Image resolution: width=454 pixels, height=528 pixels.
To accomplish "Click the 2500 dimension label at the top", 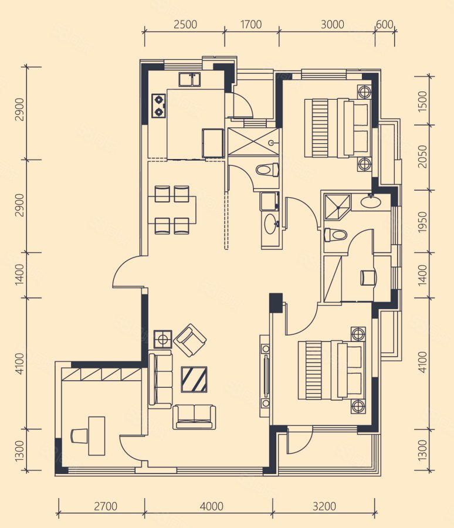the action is click(x=185, y=25).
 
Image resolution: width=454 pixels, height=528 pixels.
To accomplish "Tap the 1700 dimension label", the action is click(x=251, y=25).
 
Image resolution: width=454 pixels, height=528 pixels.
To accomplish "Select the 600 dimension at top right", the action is click(x=384, y=25).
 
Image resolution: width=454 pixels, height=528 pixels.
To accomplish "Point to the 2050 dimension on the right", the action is click(x=422, y=157).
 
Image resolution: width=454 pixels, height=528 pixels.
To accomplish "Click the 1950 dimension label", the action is click(x=422, y=222).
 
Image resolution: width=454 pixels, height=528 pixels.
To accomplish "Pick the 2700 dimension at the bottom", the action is click(x=106, y=506).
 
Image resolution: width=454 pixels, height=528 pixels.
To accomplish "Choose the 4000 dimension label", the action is click(x=211, y=506).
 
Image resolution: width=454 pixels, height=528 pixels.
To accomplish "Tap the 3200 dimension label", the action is click(x=324, y=506).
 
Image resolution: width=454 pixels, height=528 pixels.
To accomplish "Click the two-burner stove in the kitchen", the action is click(x=158, y=106).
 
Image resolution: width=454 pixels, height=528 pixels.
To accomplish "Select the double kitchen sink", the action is click(x=189, y=79).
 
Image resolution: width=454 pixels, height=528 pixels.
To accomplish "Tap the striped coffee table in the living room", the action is click(x=194, y=380).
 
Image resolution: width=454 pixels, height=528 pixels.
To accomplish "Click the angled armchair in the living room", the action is click(x=190, y=340).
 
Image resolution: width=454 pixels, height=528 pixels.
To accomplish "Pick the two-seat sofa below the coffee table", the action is click(x=194, y=417).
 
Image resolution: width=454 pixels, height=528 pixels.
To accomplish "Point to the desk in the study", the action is click(x=97, y=436).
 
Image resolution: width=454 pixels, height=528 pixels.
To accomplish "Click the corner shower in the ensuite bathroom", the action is click(x=337, y=207).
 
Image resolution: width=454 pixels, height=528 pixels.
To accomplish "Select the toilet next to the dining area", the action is click(x=267, y=170).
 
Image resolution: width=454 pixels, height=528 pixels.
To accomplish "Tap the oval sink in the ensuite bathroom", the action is click(x=371, y=202).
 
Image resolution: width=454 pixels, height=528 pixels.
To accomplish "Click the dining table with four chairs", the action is click(x=172, y=210).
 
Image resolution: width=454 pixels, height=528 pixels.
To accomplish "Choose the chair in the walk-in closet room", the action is click(x=368, y=277).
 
